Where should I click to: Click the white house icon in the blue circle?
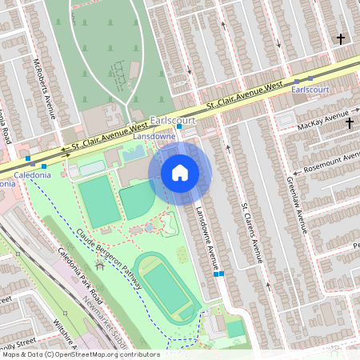point(180,173)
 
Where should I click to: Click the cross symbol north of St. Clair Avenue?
point(341,38)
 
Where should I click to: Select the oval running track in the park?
point(166,285)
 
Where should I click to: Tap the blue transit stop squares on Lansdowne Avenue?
point(218,274)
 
